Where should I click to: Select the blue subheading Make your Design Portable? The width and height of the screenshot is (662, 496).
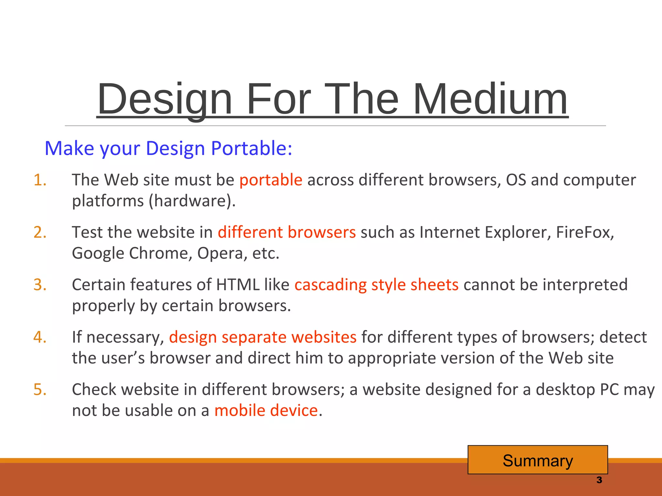point(168,149)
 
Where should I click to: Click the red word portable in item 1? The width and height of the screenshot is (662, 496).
point(271,180)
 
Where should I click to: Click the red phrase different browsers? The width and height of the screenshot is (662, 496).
point(286,232)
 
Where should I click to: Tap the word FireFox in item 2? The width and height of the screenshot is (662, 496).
point(584,232)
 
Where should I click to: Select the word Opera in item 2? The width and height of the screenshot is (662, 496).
point(220,253)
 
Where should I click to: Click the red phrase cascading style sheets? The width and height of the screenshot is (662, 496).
point(376,285)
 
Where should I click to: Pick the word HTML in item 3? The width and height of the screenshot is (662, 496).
point(238,285)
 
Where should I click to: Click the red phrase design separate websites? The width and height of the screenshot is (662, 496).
point(262,337)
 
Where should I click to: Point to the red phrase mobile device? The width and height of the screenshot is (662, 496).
point(266,411)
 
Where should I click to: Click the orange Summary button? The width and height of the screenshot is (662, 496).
point(538,460)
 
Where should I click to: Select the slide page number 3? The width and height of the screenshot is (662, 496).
point(599,480)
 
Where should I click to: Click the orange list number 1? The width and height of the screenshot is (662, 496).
point(40,180)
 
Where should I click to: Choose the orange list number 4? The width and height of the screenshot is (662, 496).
point(40,337)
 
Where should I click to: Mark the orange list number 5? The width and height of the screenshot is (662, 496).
point(40,390)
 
